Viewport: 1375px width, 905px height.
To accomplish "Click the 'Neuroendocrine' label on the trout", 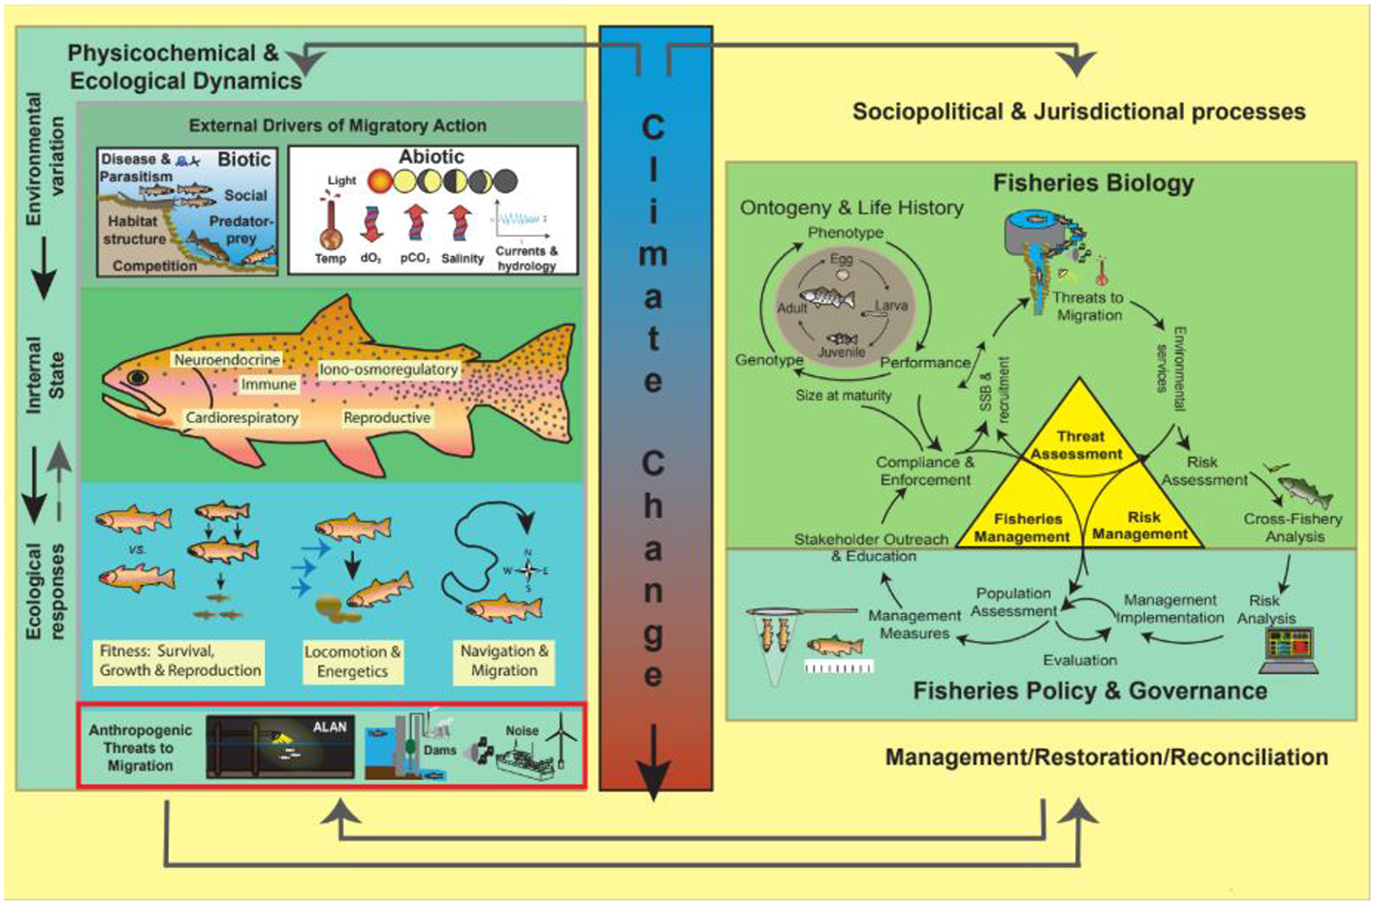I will pos(227,360).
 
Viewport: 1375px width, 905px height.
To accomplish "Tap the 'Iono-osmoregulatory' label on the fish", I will pos(388,370).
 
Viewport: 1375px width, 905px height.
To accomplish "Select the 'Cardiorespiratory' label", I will pos(242,418).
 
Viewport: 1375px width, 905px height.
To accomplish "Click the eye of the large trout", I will pos(139,376).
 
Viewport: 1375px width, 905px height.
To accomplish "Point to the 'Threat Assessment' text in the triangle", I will pos(1076,445).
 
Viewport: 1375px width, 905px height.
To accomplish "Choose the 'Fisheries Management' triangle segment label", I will pos(1022,528).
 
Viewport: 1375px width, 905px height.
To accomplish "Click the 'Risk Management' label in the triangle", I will pos(1139,526).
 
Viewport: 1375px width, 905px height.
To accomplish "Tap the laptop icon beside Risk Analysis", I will pos(1288,648).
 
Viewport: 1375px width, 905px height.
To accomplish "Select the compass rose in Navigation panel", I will pos(527,570).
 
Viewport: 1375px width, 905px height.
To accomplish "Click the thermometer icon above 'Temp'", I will pos(331,223).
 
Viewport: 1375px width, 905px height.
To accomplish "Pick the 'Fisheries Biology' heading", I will pos(1093,183).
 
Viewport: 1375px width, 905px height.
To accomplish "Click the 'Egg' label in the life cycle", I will pos(841,260).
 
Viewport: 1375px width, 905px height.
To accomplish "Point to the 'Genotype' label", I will pos(769,360).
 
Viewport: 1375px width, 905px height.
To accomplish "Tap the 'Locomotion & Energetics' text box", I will pos(352,662).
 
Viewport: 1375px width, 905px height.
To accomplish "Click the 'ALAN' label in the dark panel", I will pos(330,727).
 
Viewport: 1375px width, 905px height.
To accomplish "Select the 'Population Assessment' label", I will pos(1013,602).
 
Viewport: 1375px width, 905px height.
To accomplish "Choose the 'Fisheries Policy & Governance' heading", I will pos(1090,692).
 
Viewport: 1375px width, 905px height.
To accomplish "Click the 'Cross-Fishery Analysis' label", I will pos(1293,527).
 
